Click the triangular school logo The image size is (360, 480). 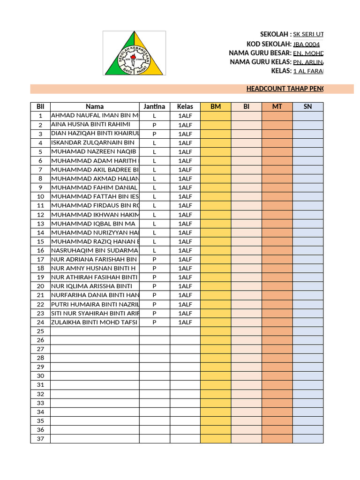[x=134, y=54]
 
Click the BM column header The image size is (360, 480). [x=216, y=107]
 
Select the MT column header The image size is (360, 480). [x=277, y=107]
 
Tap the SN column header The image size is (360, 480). [x=307, y=107]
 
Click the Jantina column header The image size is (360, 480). [x=154, y=107]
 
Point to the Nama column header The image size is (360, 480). [x=95, y=107]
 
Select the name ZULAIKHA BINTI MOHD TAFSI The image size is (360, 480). [x=94, y=322]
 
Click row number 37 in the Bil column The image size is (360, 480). [x=40, y=439]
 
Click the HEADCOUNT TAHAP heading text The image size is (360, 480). [x=285, y=89]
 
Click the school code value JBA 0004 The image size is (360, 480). [x=307, y=45]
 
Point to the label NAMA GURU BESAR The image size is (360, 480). [x=260, y=53]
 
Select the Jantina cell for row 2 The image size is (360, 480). [x=154, y=125]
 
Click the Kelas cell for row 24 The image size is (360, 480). [x=185, y=322]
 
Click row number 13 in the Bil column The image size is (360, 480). [x=40, y=224]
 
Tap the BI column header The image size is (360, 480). [x=246, y=107]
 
